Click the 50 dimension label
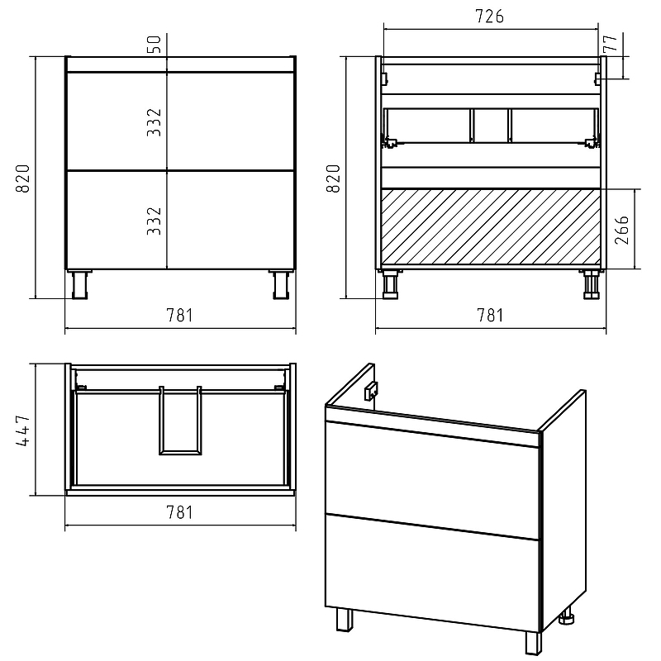click(x=155, y=45)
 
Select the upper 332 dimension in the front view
click(x=155, y=122)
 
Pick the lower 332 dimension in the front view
click(x=155, y=221)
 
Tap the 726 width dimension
click(x=489, y=16)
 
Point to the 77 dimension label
click(x=610, y=44)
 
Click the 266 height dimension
click(x=622, y=231)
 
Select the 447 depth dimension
click(x=23, y=430)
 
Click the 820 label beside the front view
click(x=23, y=178)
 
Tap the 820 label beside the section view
click(x=333, y=178)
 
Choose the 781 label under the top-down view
click(x=180, y=512)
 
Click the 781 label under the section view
click(x=490, y=315)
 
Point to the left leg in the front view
click(x=79, y=284)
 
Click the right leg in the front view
click(x=280, y=284)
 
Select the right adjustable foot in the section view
click(x=592, y=284)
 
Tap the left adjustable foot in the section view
click(x=390, y=284)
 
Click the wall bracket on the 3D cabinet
click(x=371, y=391)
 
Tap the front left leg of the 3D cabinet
click(x=345, y=619)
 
